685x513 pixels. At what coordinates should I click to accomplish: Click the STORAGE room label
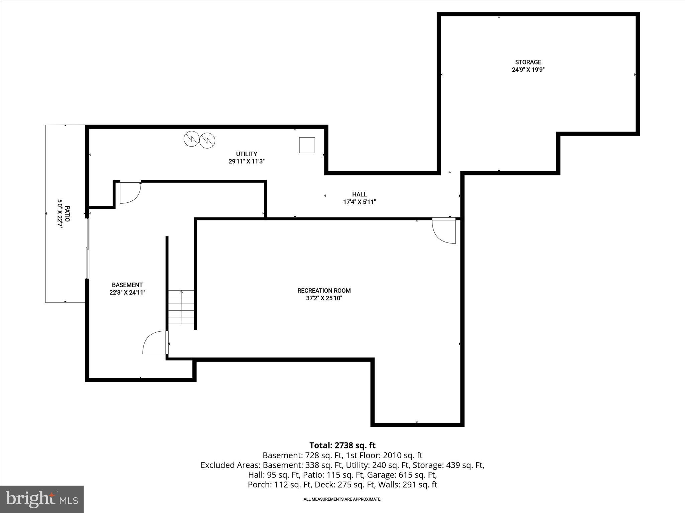pyautogui.click(x=528, y=62)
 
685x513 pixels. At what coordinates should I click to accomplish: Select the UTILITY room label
pyautogui.click(x=247, y=154)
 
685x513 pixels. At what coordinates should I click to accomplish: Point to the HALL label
pyautogui.click(x=359, y=194)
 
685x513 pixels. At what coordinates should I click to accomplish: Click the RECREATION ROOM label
pyautogui.click(x=324, y=291)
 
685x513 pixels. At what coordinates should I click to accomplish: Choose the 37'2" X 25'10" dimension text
pyautogui.click(x=324, y=298)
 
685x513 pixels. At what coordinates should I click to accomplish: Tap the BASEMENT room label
pyautogui.click(x=127, y=285)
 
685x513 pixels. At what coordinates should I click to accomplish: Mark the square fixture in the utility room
pyautogui.click(x=307, y=145)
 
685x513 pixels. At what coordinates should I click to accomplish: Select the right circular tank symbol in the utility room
pyautogui.click(x=207, y=141)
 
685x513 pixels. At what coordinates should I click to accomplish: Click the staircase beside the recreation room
pyautogui.click(x=181, y=307)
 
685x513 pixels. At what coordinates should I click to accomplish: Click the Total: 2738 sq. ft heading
pyautogui.click(x=342, y=445)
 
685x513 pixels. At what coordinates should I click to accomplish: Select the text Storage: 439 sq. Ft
pyautogui.click(x=448, y=465)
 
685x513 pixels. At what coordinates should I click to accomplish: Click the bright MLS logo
pyautogui.click(x=42, y=499)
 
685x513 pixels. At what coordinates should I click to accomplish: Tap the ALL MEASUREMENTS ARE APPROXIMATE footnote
pyautogui.click(x=342, y=499)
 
